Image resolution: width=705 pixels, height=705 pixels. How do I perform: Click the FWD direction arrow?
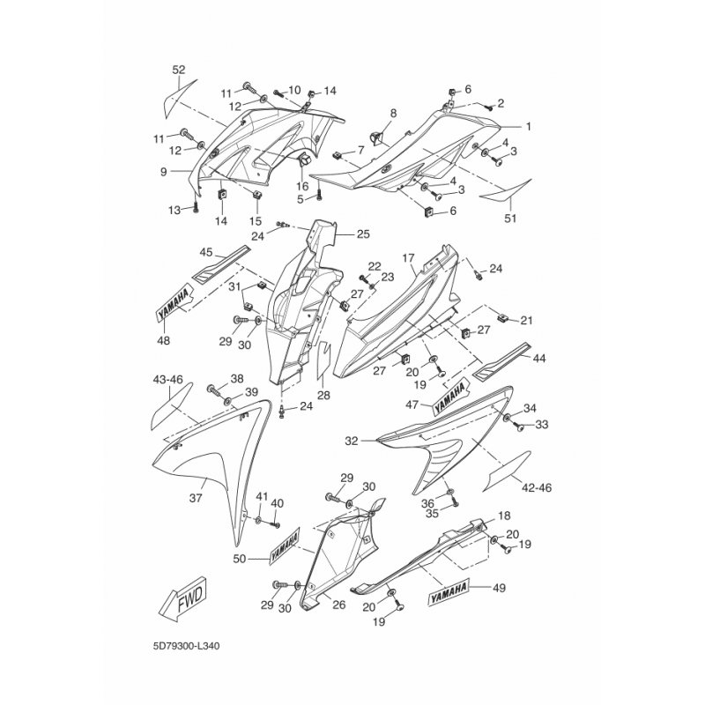point(182,598)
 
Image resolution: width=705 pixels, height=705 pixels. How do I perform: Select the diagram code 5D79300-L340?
point(186,647)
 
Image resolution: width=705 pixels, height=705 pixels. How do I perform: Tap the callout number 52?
point(179,70)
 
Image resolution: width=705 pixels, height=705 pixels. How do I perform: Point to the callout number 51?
point(510,219)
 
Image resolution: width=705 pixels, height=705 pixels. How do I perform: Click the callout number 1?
point(528,127)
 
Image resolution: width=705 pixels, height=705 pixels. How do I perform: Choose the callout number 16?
point(302,186)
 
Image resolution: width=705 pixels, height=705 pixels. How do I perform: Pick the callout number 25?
point(363,234)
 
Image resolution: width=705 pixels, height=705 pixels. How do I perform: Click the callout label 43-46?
point(168,380)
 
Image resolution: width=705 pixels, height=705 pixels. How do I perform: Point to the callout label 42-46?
point(537,487)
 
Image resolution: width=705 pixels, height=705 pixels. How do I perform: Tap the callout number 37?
point(196,498)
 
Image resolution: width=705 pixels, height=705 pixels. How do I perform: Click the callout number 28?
point(323,395)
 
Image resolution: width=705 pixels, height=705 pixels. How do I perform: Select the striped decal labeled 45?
point(221,264)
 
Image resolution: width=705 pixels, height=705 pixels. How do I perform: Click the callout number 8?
point(393,113)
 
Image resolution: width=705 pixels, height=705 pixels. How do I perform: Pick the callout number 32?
point(352,442)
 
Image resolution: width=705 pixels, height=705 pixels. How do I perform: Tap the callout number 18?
point(504,516)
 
